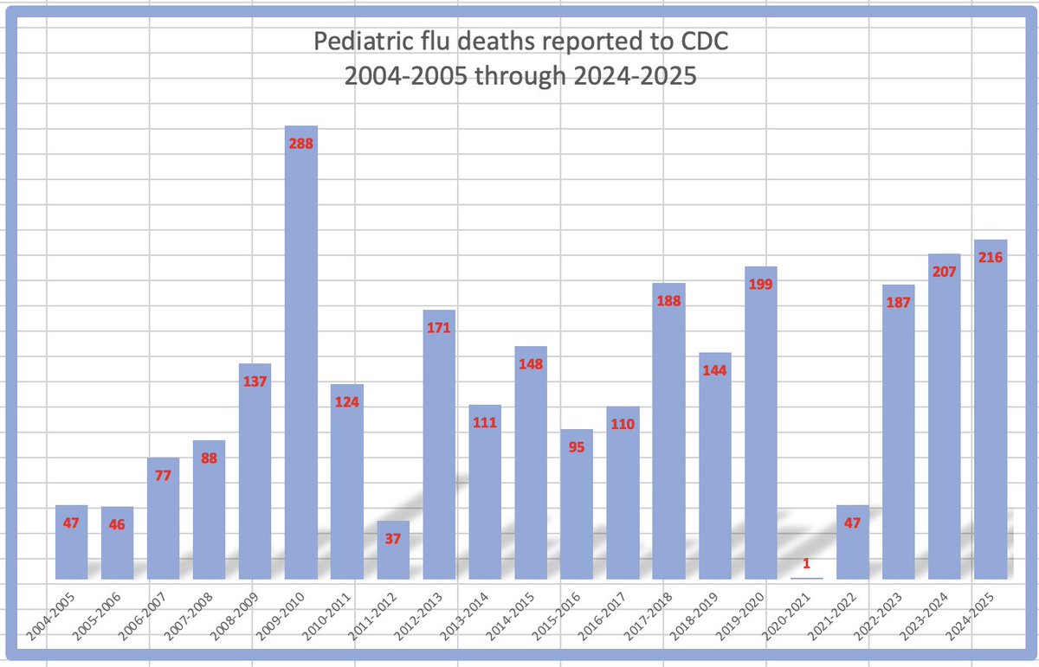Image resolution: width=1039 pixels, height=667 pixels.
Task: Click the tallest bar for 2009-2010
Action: tap(300, 363)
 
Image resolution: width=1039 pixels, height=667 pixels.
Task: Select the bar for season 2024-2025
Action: tap(991, 415)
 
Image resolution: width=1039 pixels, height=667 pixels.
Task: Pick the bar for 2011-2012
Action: tap(392, 554)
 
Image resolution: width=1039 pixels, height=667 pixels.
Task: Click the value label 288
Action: tap(300, 144)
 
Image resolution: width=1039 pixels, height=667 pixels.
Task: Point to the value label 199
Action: tap(761, 284)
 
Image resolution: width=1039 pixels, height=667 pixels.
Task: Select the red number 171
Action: tap(439, 328)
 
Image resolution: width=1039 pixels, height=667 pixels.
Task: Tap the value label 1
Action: tap(807, 563)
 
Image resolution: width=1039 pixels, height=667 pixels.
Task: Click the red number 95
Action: tap(577, 447)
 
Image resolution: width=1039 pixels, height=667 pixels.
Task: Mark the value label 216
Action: tap(991, 257)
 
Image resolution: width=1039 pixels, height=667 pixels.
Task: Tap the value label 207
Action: tap(945, 272)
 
